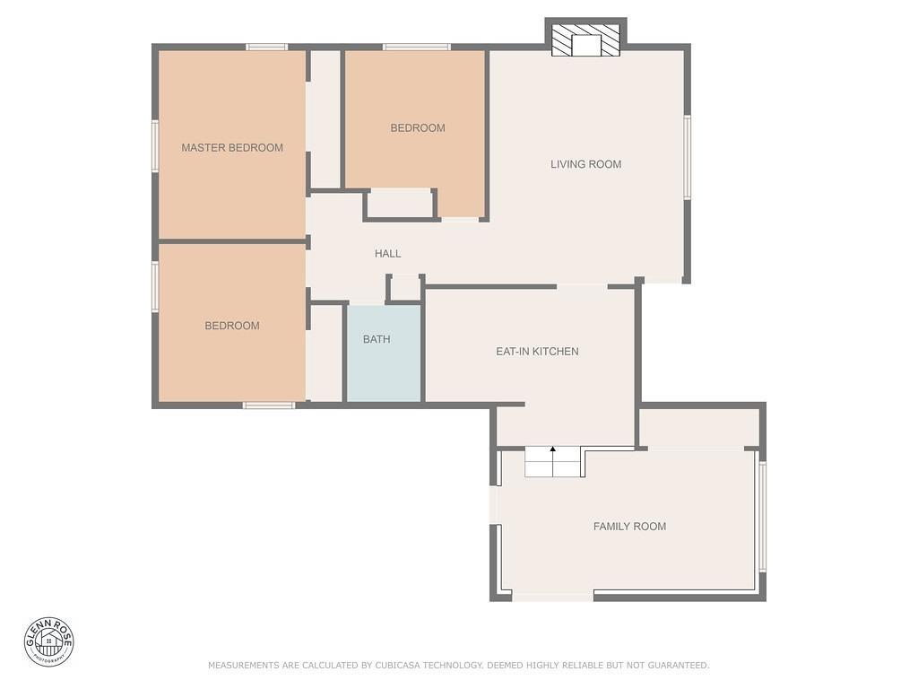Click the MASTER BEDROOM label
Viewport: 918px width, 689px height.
click(232, 148)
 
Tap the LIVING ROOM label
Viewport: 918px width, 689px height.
click(585, 164)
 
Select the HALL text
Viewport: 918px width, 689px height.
click(387, 254)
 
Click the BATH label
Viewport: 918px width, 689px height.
click(377, 339)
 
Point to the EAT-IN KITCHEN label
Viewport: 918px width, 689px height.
click(537, 352)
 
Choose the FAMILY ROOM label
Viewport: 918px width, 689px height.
click(629, 527)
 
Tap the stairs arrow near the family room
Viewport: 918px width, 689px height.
click(553, 449)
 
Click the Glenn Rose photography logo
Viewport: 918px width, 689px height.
click(48, 641)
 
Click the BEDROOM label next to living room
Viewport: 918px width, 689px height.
click(418, 128)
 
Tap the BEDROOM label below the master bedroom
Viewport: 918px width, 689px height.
click(232, 326)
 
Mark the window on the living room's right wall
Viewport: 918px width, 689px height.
click(688, 157)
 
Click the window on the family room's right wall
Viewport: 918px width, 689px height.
click(763, 516)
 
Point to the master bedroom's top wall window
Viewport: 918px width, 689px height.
click(267, 47)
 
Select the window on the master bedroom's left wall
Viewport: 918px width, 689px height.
click(155, 145)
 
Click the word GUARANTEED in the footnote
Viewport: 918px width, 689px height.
click(676, 666)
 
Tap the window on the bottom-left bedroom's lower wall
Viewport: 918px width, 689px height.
click(269, 406)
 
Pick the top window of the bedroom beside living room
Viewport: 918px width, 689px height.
click(417, 47)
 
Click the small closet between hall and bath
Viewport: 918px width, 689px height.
click(405, 288)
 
